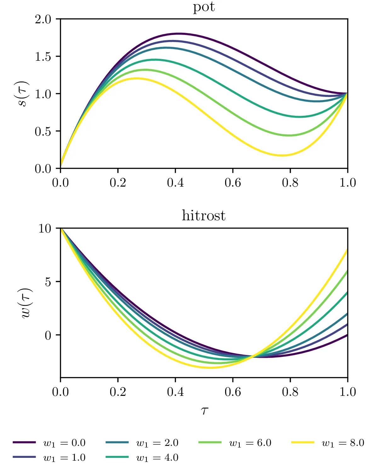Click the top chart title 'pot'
point(204,7)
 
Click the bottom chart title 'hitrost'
point(203,216)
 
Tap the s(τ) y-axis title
point(24,94)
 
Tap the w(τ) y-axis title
point(26,303)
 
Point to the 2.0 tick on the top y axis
point(43,20)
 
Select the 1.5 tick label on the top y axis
point(43,57)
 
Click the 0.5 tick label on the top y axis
point(43,131)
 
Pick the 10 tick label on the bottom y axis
point(45,228)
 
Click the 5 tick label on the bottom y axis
point(48,282)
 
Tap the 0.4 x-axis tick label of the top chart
point(175,183)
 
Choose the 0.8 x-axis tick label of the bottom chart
point(290,392)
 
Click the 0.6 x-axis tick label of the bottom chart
point(233,392)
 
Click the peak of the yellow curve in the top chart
point(137,78)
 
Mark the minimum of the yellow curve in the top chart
point(282,155)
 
